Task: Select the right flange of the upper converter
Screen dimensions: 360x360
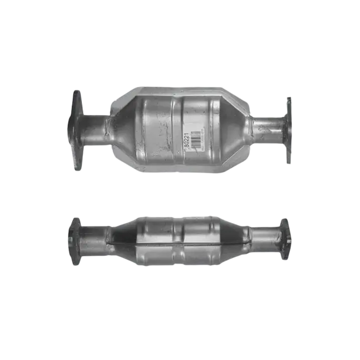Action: tap(289, 129)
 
